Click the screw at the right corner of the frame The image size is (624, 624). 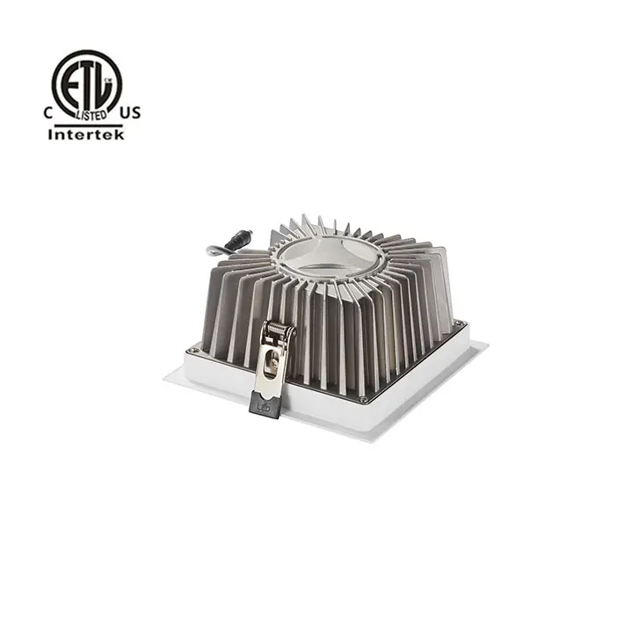click(458, 327)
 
